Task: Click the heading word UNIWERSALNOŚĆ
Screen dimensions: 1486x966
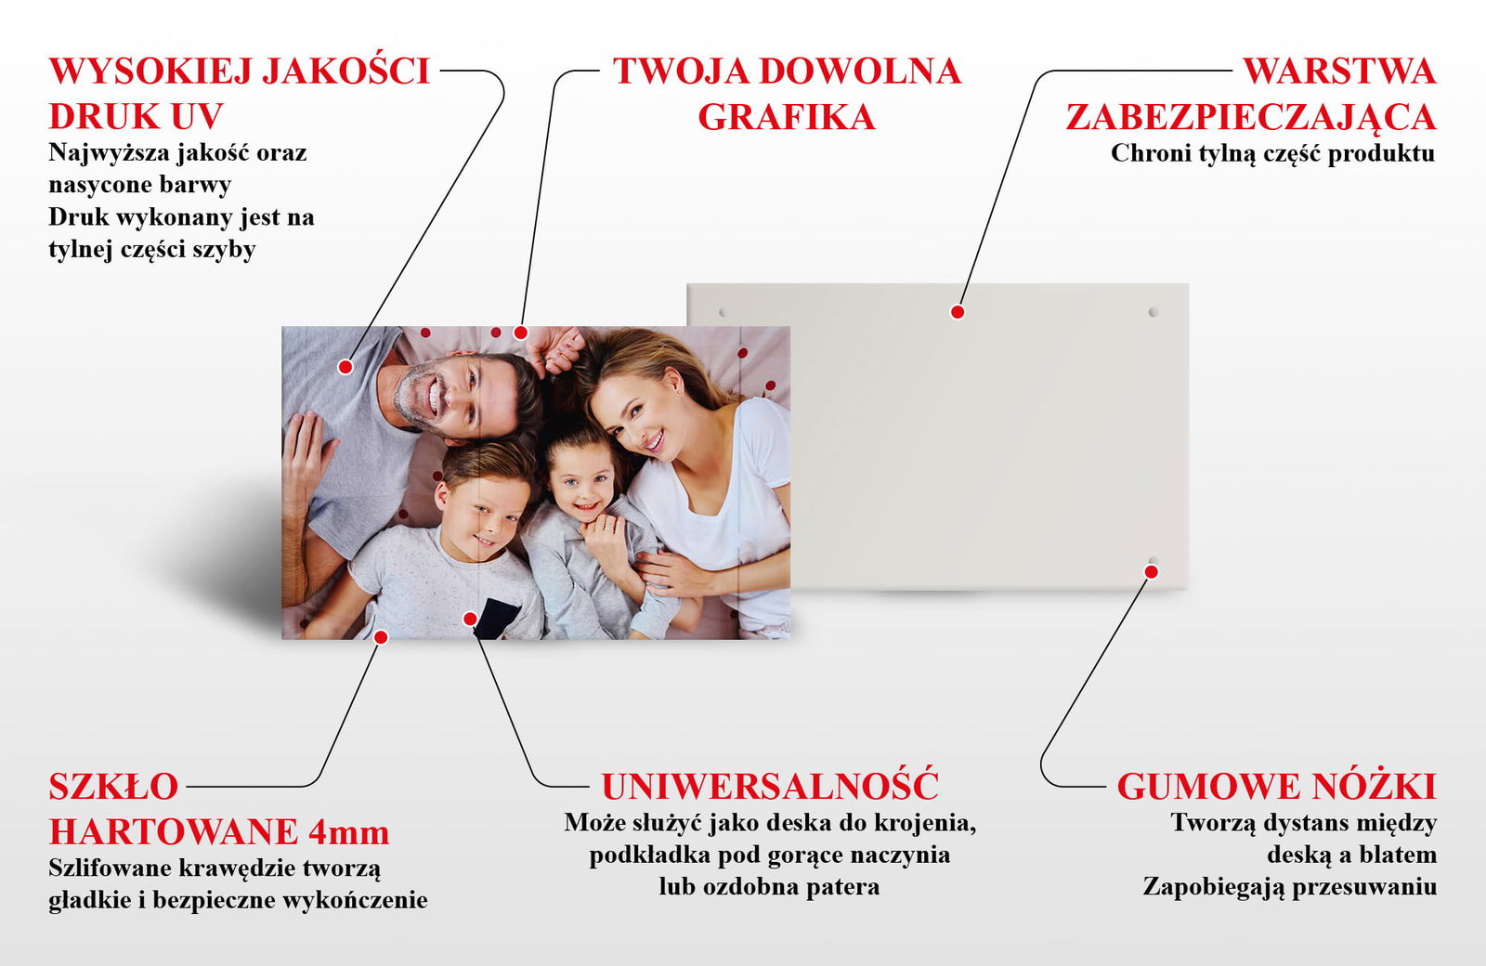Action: click(770, 786)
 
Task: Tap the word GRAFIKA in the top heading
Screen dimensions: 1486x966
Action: click(787, 117)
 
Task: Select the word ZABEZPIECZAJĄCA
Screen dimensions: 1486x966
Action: click(1251, 118)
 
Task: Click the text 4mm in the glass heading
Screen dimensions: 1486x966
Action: click(349, 831)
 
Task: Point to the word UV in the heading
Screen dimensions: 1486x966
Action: click(197, 116)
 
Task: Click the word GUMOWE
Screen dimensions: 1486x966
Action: click(1202, 786)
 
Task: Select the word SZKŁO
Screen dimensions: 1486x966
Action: click(113, 786)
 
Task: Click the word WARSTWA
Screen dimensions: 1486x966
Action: click(1339, 71)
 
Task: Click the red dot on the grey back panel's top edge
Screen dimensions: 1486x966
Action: click(957, 312)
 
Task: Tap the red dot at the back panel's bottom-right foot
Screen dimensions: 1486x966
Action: click(1152, 571)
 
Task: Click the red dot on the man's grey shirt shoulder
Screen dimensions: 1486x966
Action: click(345, 366)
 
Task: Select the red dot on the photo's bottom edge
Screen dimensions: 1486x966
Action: click(380, 637)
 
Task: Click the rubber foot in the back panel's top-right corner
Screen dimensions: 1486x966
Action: click(1153, 312)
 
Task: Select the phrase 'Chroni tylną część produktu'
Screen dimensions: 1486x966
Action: click(1273, 154)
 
